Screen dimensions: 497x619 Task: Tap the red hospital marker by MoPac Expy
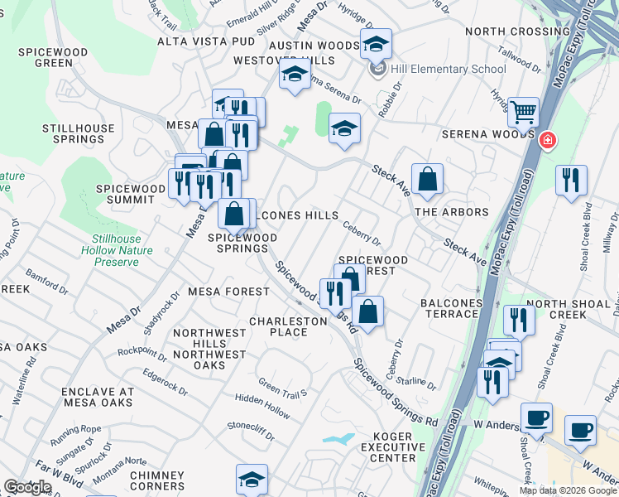(546, 141)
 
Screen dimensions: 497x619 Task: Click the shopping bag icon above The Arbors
(427, 179)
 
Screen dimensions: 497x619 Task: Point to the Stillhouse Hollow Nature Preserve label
(110, 250)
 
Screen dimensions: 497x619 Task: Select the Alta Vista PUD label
(206, 41)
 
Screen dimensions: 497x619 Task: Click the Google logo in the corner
(27, 487)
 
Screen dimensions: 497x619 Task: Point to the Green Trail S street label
(282, 386)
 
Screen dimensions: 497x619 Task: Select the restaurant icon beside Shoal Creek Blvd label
(571, 180)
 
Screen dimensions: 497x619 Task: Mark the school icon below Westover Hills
(294, 75)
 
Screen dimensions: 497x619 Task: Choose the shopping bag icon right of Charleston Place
(368, 311)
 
